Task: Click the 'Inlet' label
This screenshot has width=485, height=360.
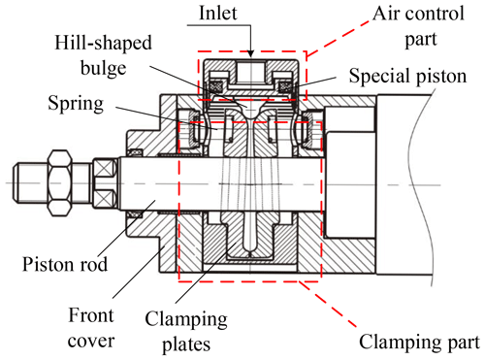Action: [x=218, y=14]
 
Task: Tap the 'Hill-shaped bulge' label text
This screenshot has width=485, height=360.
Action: [x=103, y=55]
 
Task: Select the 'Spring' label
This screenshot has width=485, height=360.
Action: [x=76, y=104]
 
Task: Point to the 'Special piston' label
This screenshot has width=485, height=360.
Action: [x=407, y=77]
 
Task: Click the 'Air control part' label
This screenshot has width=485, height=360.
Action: [x=419, y=26]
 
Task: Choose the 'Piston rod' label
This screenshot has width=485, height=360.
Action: [x=65, y=264]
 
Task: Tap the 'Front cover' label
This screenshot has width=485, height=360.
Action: [x=91, y=328]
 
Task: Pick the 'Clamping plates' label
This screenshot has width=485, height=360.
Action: [x=186, y=332]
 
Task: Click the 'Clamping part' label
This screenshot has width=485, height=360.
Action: [x=419, y=343]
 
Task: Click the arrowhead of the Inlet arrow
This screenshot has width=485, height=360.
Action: [x=250, y=54]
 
